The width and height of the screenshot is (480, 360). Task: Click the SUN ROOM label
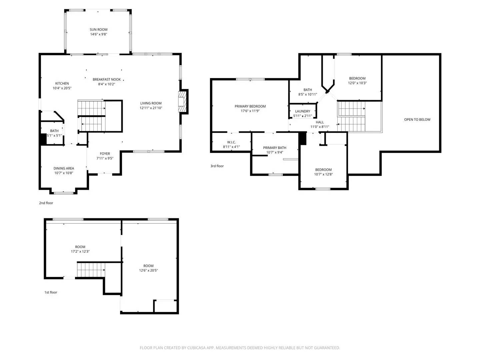pyautogui.click(x=98, y=30)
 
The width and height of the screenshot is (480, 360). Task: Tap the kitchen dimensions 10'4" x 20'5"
pyautogui.click(x=62, y=88)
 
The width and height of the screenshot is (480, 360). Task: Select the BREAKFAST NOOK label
pyautogui.click(x=107, y=79)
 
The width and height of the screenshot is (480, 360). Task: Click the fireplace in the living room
pyautogui.click(x=182, y=101)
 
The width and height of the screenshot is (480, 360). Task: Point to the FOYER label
pyautogui.click(x=105, y=154)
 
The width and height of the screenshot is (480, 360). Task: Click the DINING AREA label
pyautogui.click(x=64, y=168)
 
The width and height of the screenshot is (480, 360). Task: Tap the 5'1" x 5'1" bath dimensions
pyautogui.click(x=54, y=136)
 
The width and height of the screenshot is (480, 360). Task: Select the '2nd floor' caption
pyautogui.click(x=46, y=203)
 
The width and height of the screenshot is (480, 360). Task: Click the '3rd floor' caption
pyautogui.click(x=217, y=166)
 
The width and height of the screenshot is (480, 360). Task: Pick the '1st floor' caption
pyautogui.click(x=51, y=292)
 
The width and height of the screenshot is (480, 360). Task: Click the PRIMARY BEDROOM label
pyautogui.click(x=250, y=106)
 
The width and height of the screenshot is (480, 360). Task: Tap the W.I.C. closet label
pyautogui.click(x=231, y=142)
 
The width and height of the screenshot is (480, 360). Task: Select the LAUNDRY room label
pyautogui.click(x=303, y=111)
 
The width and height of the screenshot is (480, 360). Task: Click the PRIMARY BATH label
pyautogui.click(x=275, y=148)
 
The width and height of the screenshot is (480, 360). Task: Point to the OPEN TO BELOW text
pyautogui.click(x=417, y=120)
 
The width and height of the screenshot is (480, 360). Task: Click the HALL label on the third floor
pyautogui.click(x=320, y=122)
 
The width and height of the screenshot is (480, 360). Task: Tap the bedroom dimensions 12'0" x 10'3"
pyautogui.click(x=357, y=83)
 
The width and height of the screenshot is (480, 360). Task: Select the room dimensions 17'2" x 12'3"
pyautogui.click(x=80, y=252)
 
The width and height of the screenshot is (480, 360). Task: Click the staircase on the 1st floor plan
pyautogui.click(x=91, y=270)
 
